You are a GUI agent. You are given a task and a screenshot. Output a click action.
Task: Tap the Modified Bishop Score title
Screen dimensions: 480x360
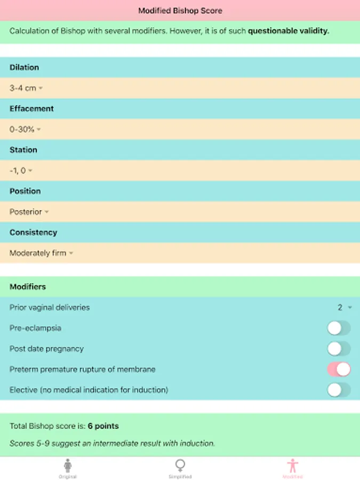[x=180, y=11]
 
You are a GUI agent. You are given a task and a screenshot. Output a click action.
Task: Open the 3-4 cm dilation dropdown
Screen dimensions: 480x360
[x=26, y=88]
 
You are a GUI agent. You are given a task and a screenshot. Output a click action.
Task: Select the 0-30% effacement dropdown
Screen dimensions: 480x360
[x=25, y=130]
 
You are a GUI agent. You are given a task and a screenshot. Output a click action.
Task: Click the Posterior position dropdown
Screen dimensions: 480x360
[x=29, y=212]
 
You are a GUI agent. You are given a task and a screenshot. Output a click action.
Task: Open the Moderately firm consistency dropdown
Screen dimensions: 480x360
[x=41, y=253]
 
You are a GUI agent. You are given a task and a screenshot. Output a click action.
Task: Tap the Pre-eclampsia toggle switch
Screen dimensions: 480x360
[x=339, y=328]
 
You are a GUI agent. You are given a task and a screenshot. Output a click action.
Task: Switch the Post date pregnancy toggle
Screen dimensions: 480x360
[x=339, y=349]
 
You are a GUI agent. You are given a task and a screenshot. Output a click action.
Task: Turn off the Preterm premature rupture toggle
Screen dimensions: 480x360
[x=339, y=369]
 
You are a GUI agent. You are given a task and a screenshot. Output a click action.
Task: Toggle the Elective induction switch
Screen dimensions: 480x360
[x=339, y=390]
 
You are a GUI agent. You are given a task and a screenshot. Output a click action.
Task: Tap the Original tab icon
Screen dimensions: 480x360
[x=67, y=466]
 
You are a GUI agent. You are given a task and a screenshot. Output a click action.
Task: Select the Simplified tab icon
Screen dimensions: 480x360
[x=180, y=466]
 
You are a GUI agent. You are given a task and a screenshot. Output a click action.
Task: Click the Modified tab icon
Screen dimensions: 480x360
[x=293, y=466]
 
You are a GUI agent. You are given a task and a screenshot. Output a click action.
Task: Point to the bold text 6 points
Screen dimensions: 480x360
[x=103, y=426]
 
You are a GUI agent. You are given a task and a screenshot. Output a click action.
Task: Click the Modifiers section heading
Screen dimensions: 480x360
[x=28, y=287]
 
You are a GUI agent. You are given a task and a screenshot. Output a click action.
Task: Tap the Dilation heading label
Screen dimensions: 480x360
[x=24, y=68]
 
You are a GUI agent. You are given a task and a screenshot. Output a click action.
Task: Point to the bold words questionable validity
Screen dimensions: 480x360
[x=289, y=31]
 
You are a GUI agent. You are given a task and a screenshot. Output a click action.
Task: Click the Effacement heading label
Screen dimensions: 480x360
[x=31, y=109]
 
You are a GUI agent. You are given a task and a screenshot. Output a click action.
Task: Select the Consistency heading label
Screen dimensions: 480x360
[x=33, y=233]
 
